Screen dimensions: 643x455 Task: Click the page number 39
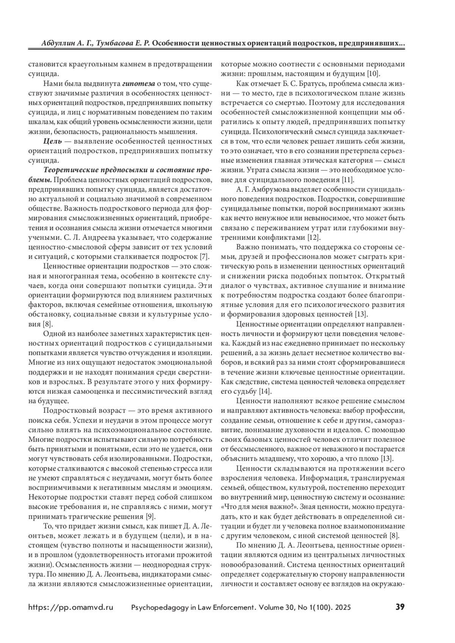(400, 607)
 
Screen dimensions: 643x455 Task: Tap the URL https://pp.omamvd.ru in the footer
(71, 607)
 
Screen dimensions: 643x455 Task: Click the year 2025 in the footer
(342, 607)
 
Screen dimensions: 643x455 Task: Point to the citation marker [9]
(150, 516)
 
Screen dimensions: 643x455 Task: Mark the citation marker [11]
(348, 179)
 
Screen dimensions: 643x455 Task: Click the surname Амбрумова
(270, 189)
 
